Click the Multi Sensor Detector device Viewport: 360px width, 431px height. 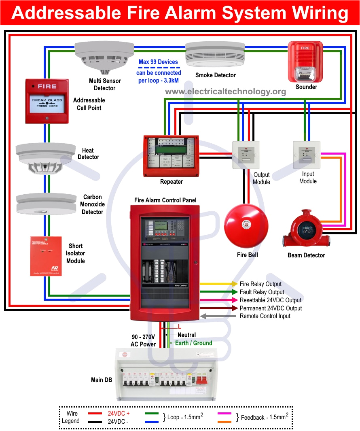104,57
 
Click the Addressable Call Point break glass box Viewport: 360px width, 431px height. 47,101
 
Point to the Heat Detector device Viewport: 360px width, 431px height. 46,158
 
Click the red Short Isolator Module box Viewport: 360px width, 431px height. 46,256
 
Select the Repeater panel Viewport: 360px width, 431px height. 171,156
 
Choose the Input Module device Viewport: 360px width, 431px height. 306,155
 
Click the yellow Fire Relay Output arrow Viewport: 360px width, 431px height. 218,284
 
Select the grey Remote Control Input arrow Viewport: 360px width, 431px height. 218,316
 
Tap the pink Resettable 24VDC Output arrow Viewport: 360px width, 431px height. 218,300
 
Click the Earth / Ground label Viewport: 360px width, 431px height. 193,343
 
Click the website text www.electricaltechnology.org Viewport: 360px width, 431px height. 225,91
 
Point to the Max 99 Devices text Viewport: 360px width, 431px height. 158,62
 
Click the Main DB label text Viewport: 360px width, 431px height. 102,380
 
